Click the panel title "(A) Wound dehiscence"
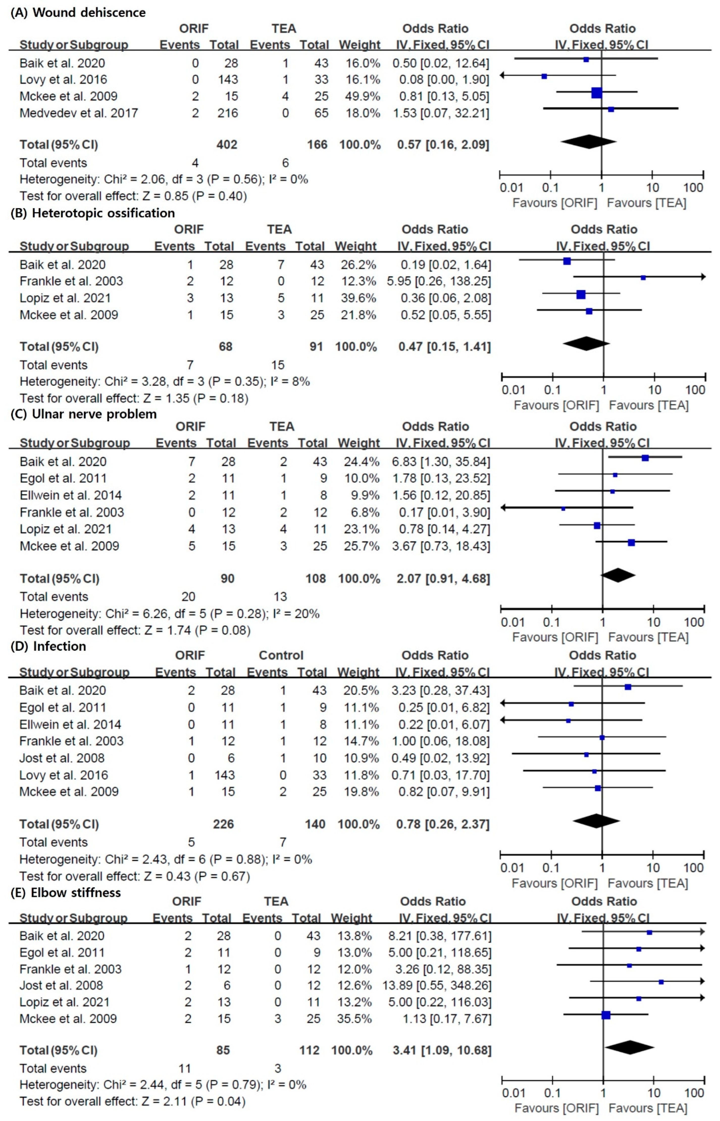coord(78,13)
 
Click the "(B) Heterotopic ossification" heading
coord(93,213)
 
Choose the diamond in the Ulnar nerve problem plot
coord(618,575)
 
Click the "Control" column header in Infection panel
coord(281,655)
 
